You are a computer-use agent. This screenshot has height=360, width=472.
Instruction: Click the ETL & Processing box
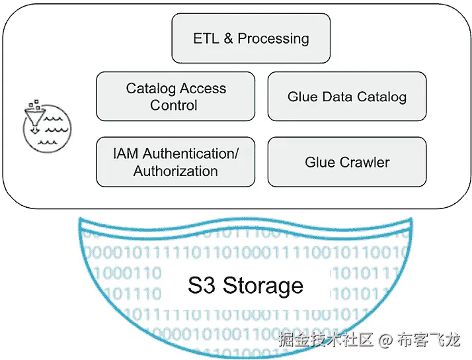[x=251, y=38]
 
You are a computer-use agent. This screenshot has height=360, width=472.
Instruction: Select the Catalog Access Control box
[x=175, y=97]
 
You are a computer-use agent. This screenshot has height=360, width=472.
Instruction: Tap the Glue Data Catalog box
[x=346, y=97]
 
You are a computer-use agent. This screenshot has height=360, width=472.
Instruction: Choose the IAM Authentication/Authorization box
[x=175, y=162]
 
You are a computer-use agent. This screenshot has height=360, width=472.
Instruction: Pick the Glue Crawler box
[x=346, y=162]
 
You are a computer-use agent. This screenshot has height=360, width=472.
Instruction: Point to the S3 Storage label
[x=245, y=286]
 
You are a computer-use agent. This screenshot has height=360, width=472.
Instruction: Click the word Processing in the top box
[x=273, y=38]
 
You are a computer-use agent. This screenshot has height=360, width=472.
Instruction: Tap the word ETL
[x=206, y=38]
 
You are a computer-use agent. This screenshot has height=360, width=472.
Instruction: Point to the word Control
[x=174, y=105]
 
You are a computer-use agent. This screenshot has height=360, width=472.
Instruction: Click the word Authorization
[x=175, y=171]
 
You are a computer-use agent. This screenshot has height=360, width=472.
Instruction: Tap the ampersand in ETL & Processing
[x=228, y=38]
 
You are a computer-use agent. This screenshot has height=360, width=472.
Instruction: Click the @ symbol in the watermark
[x=385, y=341]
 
